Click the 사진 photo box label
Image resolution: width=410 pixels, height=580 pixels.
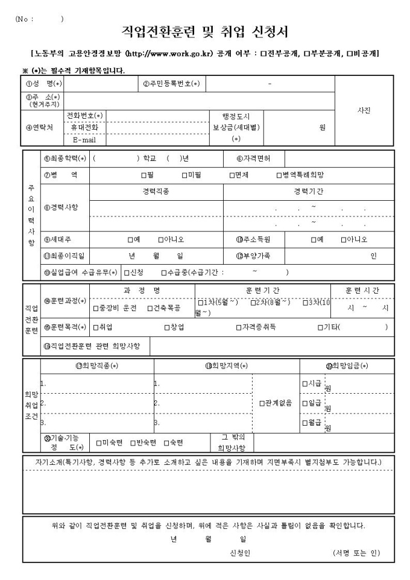pos(364,111)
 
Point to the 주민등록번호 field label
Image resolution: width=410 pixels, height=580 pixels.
pos(171,84)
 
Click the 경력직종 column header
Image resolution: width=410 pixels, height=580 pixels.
pos(156,191)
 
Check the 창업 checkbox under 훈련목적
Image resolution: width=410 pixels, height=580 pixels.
pos(166,327)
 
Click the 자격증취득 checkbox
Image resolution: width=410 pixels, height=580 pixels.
pos(239,327)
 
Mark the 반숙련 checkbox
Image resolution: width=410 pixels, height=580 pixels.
pos(133,443)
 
